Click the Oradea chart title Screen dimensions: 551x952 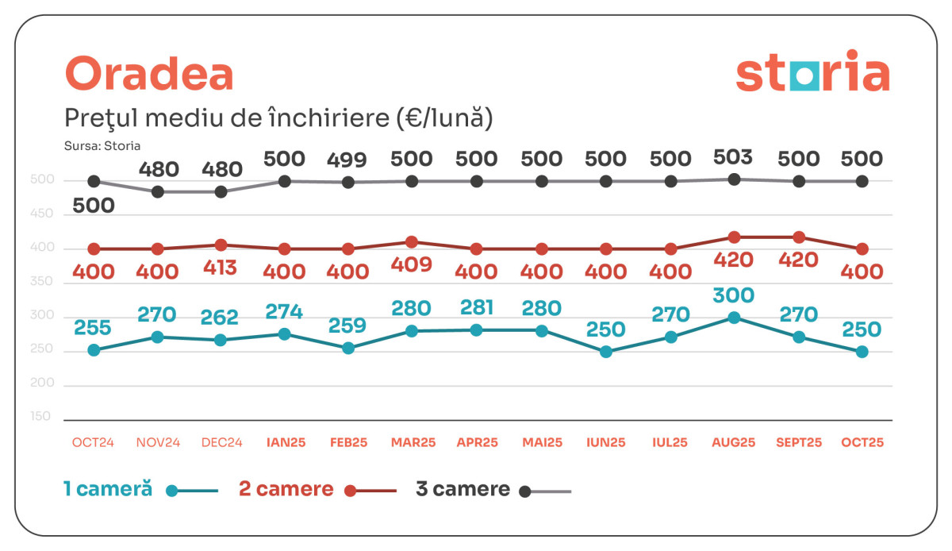[x=149, y=75]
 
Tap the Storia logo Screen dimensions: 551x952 [x=812, y=73]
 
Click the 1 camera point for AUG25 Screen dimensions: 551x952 [x=735, y=318]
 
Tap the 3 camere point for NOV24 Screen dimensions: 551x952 [x=157, y=192]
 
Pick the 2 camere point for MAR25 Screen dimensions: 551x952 [x=411, y=242]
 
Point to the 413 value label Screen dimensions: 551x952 [x=220, y=268]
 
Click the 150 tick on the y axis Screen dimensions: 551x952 [x=40, y=416]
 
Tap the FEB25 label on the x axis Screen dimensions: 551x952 [x=348, y=443]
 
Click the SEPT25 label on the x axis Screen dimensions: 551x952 [x=799, y=443]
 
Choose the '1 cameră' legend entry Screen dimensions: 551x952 [x=108, y=489]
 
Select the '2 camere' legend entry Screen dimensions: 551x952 [x=286, y=489]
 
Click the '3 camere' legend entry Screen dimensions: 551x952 [x=463, y=489]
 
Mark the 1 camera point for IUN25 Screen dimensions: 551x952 [x=606, y=352]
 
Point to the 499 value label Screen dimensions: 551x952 [x=347, y=160]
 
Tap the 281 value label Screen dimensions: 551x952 [x=477, y=307]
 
